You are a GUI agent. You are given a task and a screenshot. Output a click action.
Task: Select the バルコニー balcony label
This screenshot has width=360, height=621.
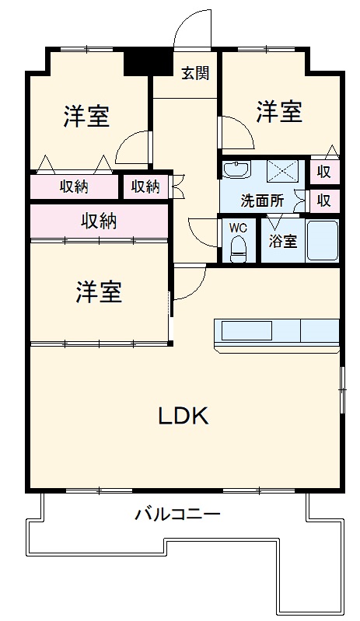pos(177,514)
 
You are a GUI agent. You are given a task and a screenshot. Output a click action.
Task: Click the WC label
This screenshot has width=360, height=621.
pos(238,229)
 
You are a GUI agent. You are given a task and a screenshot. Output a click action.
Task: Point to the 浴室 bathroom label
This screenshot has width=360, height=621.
pos(282,241)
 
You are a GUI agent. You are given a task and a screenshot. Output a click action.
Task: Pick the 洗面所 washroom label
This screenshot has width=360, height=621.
pos(261,200)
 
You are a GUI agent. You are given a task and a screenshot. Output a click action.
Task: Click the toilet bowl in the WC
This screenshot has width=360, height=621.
pos(239,248)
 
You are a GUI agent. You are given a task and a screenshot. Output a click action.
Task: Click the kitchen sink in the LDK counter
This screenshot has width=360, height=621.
pos(246,330)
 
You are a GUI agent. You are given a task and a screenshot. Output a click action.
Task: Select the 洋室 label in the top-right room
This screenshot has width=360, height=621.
pos(279,112)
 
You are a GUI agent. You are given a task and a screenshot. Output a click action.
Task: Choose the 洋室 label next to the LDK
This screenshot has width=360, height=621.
pos(99,293)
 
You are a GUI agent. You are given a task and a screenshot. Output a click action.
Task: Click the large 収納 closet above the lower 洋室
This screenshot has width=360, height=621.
pos(99,222)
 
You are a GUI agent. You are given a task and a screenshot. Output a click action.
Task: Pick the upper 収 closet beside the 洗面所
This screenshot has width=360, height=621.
pos(323,172)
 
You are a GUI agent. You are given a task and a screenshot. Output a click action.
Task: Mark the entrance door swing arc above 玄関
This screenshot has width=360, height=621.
pos(191,31)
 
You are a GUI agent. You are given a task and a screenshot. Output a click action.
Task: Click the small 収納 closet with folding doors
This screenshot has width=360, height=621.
pos(145,187)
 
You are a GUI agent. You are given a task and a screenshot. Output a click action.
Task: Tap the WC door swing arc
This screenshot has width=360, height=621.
pos(204,232)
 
